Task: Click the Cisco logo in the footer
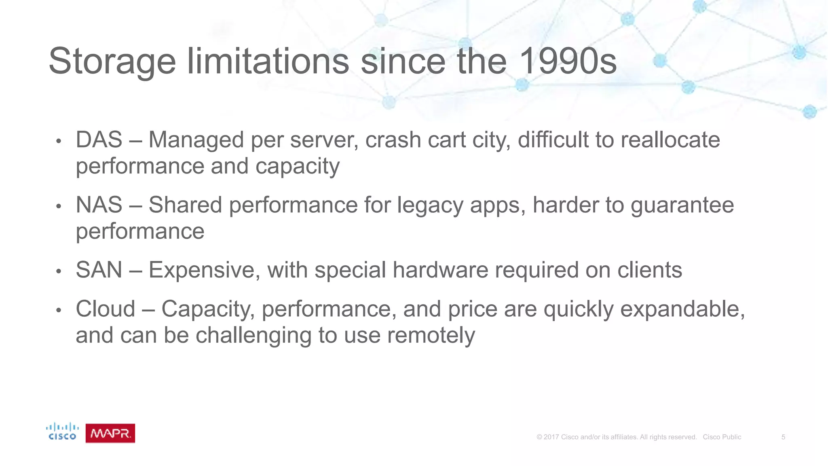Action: click(x=62, y=432)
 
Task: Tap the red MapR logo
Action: click(x=110, y=433)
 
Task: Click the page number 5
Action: click(x=783, y=437)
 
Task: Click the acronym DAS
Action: click(x=99, y=140)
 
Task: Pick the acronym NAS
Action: click(x=99, y=205)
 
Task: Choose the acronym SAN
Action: click(x=99, y=270)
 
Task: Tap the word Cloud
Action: click(x=106, y=309)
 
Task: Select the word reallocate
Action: click(x=670, y=140)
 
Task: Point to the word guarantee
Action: click(x=682, y=205)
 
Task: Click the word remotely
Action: click(x=431, y=335)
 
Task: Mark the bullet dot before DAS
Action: click(x=59, y=142)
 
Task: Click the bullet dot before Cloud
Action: click(x=59, y=311)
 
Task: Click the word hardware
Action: click(x=440, y=270)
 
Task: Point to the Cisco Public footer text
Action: click(x=722, y=437)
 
